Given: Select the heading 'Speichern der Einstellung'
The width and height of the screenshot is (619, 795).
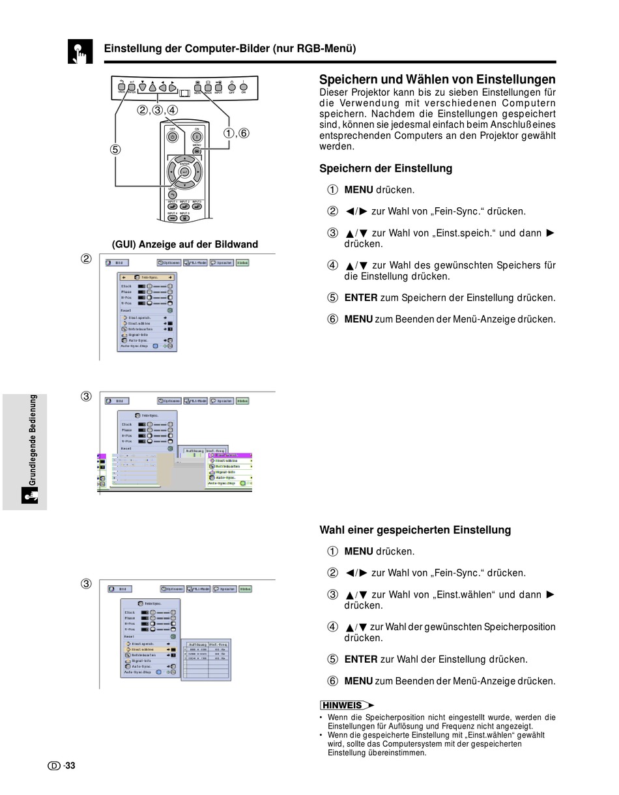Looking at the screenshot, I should pos(385,168).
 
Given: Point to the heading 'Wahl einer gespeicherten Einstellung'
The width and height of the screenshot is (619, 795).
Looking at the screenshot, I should pos(415,530).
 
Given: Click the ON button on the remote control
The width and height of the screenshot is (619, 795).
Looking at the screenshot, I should pos(196,137).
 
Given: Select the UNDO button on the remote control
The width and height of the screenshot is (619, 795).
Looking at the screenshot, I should pos(173,194).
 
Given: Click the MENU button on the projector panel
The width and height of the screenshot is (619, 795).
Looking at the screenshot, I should pos(197,87).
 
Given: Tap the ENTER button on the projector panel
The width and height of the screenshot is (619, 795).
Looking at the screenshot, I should pos(132,87).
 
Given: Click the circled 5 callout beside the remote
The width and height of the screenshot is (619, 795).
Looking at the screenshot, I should pos(115,149).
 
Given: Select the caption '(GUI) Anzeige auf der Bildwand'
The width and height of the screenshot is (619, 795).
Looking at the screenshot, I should pos(185,244).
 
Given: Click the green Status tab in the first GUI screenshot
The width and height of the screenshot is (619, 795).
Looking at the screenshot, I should pos(242,263).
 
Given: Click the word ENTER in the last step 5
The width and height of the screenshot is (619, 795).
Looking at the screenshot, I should pos(360,659).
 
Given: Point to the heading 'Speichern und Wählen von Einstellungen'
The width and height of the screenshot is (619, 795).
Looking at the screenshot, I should pos(437,79).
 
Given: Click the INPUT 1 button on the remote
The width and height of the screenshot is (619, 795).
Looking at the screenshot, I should pos(173,207).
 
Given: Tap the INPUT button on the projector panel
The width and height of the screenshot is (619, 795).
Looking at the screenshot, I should pos(219,87).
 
